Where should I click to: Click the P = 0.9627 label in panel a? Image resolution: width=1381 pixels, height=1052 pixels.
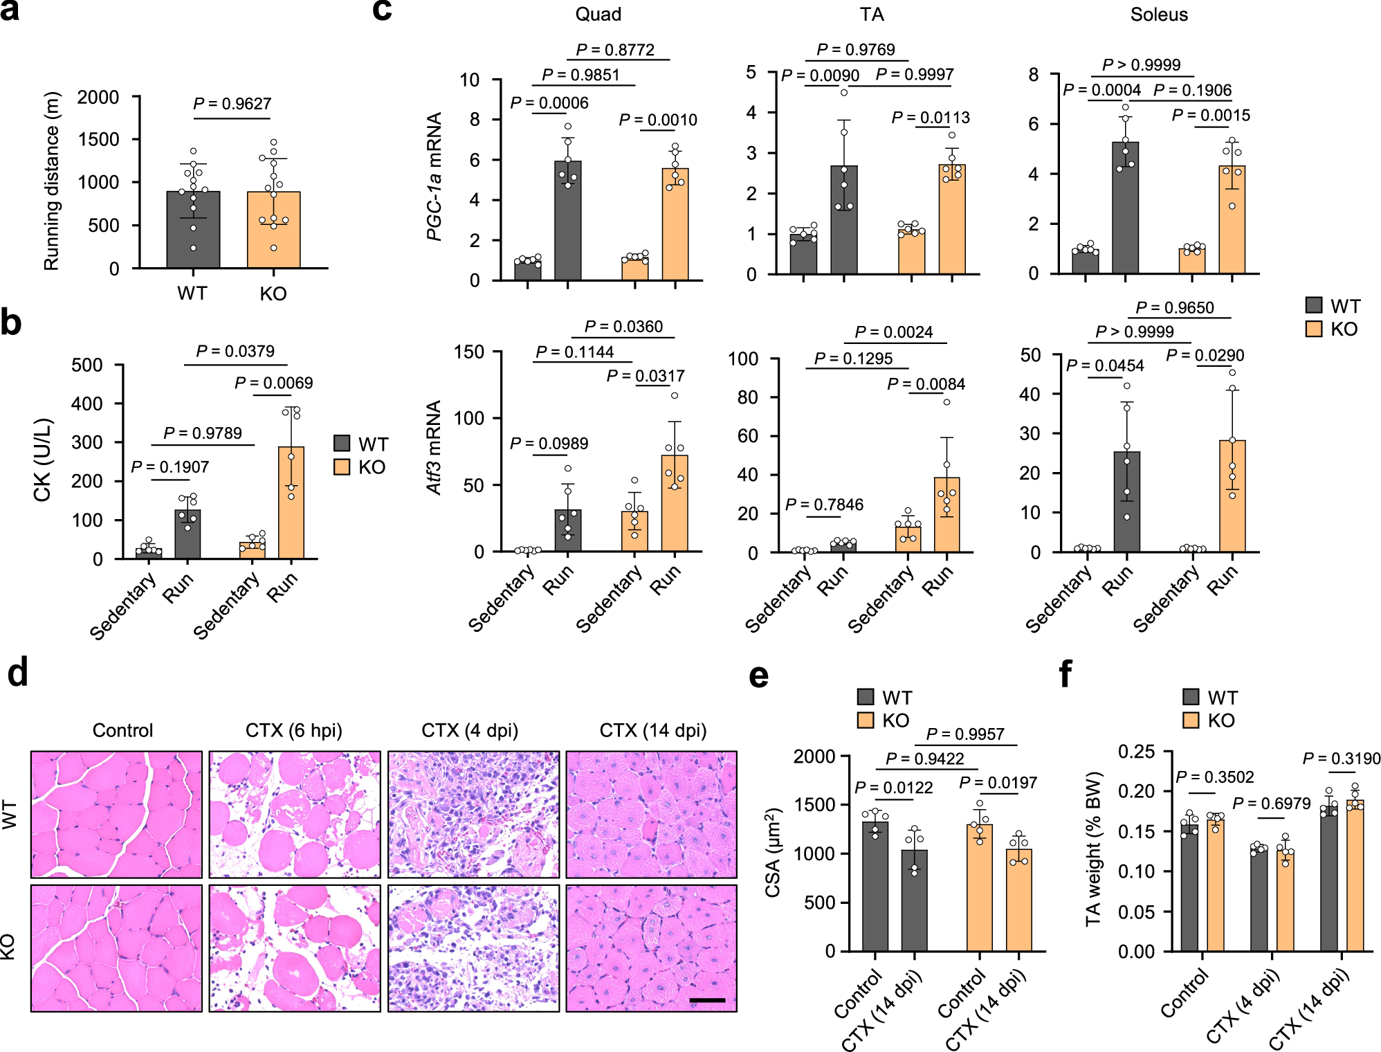(232, 104)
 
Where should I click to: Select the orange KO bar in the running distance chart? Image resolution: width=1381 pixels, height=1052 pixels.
(273, 230)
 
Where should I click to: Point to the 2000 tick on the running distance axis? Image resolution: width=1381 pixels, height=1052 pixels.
(98, 98)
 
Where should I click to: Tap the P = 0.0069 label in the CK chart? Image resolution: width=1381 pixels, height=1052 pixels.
(273, 383)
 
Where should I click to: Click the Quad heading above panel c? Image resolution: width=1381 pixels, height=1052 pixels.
(598, 15)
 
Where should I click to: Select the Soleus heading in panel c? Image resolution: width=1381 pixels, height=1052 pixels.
(1158, 15)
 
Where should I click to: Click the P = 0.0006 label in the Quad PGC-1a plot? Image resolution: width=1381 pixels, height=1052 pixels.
(549, 103)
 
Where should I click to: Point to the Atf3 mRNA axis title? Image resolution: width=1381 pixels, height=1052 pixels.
(434, 447)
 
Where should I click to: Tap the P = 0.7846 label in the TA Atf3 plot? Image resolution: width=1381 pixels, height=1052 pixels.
(824, 505)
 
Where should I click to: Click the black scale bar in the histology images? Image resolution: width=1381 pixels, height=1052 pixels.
(707, 1000)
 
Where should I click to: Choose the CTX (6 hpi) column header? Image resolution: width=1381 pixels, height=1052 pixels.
(294, 730)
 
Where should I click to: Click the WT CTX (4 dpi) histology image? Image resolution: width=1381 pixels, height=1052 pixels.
(473, 814)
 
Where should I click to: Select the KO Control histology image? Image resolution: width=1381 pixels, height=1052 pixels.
(116, 947)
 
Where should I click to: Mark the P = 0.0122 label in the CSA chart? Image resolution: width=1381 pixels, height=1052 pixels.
(893, 788)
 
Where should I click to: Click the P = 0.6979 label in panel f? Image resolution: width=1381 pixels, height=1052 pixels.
(1271, 804)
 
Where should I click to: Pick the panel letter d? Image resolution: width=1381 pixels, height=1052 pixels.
(18, 673)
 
